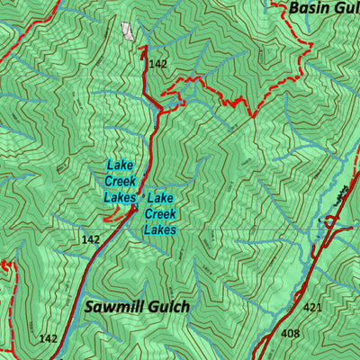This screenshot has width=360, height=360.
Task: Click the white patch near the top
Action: pos(130,31)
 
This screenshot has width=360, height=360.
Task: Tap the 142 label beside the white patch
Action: pos(158,64)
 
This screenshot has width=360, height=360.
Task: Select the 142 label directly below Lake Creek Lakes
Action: pos(90,239)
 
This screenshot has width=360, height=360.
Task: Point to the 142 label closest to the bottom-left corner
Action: pos(49,339)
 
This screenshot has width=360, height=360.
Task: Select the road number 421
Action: pos(311,308)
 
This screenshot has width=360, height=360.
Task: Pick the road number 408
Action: pos(290,333)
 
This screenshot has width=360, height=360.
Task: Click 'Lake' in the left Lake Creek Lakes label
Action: pos(120,165)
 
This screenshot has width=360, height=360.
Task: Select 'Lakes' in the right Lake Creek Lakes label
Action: pos(160,229)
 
